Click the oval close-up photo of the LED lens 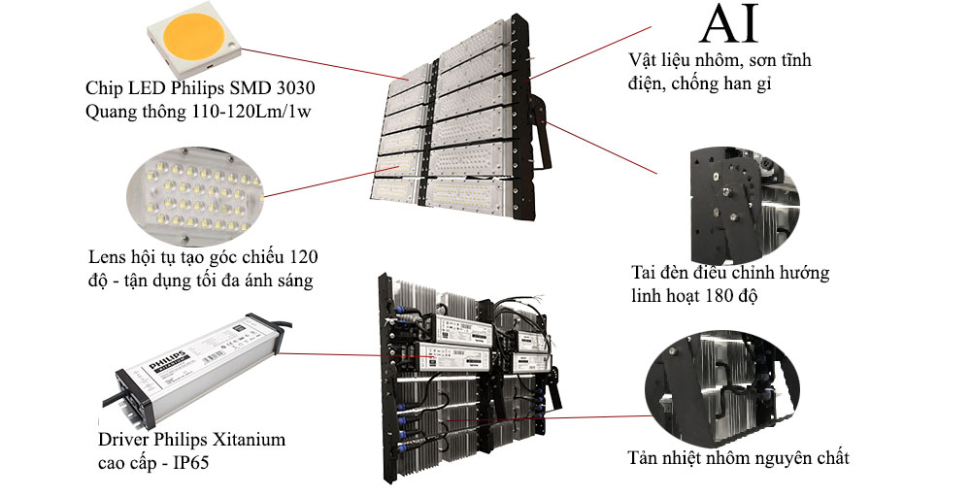194,195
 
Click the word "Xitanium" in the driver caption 250,440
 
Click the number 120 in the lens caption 303,256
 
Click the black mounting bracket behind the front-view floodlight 539,132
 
